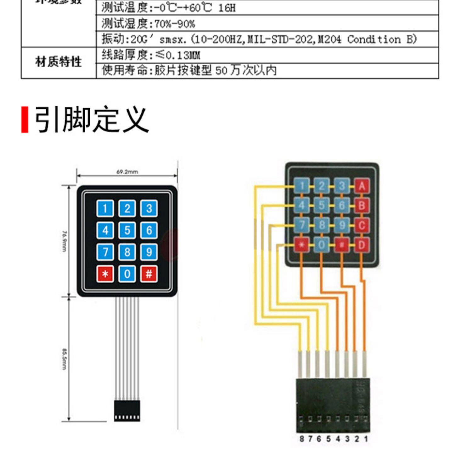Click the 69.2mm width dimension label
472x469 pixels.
click(127, 172)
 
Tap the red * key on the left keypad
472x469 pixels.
click(105, 274)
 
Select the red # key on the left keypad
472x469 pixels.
click(149, 274)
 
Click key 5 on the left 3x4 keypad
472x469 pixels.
click(127, 230)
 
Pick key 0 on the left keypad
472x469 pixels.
click(127, 274)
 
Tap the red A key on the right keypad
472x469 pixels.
click(362, 186)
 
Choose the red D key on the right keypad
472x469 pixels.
click(362, 245)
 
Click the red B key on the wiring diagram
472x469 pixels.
click(362, 206)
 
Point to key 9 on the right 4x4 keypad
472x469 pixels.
click(342, 225)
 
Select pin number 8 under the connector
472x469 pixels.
click(301, 439)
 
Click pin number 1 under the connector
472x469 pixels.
click(366, 439)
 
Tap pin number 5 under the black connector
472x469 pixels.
click(329, 439)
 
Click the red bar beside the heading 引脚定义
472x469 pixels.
click(25, 120)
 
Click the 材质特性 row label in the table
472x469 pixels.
click(58, 62)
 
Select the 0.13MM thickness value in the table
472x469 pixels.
click(183, 55)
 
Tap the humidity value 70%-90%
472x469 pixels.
click(175, 24)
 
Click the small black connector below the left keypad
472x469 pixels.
click(127, 411)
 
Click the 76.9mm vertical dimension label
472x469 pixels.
click(64, 241)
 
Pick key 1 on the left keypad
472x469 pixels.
click(105, 208)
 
